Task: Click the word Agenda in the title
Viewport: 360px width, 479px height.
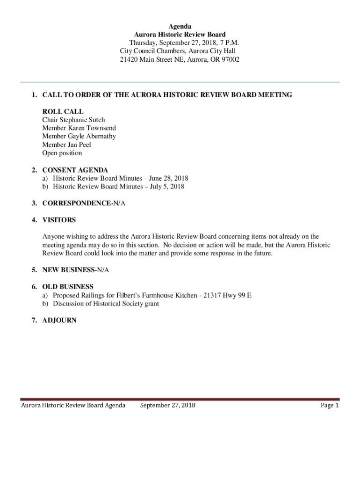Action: (180, 26)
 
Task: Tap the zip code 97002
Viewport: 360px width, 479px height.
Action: (230, 59)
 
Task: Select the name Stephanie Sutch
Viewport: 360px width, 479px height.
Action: (83, 120)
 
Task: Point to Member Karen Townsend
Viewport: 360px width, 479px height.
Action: (79, 128)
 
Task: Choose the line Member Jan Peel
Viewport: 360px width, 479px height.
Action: (66, 145)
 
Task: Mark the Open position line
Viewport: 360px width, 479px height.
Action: (62, 153)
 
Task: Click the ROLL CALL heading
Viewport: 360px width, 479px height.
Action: (63, 111)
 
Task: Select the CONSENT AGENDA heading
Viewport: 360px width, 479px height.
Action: (75, 170)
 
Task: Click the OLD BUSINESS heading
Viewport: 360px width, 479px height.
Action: (68, 287)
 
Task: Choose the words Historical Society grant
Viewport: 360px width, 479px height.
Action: (127, 304)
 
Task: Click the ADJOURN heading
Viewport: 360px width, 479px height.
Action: (59, 321)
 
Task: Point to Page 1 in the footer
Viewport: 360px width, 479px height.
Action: (330, 406)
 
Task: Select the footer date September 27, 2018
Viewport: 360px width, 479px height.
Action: (168, 406)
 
